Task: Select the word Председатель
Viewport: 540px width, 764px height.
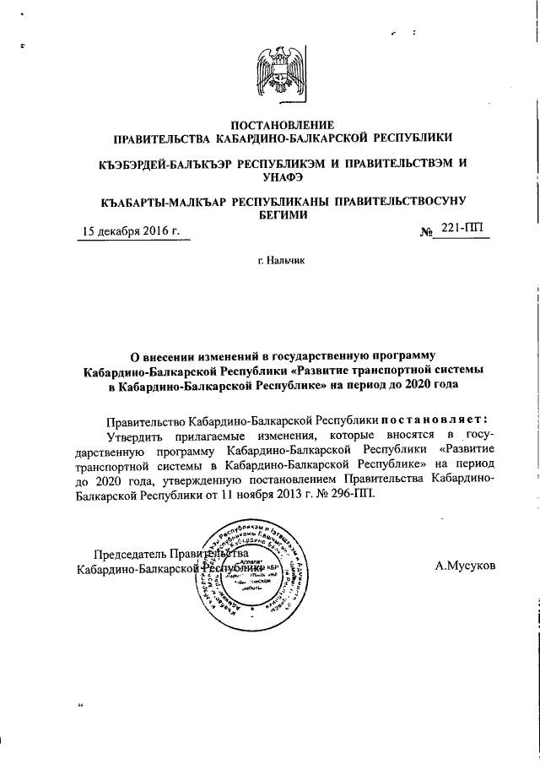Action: coord(130,555)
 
